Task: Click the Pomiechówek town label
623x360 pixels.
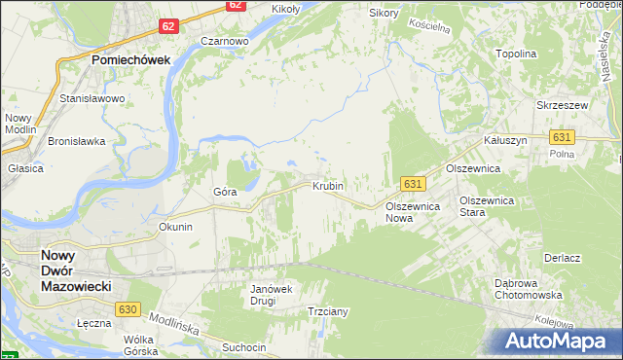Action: tap(130, 59)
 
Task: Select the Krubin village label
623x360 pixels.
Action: tap(328, 185)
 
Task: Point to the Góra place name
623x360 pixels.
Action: tap(225, 192)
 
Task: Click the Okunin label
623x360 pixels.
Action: tap(175, 227)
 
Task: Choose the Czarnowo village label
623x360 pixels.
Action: tap(225, 42)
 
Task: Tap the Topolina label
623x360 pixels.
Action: tap(516, 54)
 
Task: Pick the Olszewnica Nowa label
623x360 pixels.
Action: tap(414, 213)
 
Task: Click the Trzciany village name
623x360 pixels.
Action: tap(328, 311)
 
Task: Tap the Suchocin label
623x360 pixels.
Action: tap(243, 346)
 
